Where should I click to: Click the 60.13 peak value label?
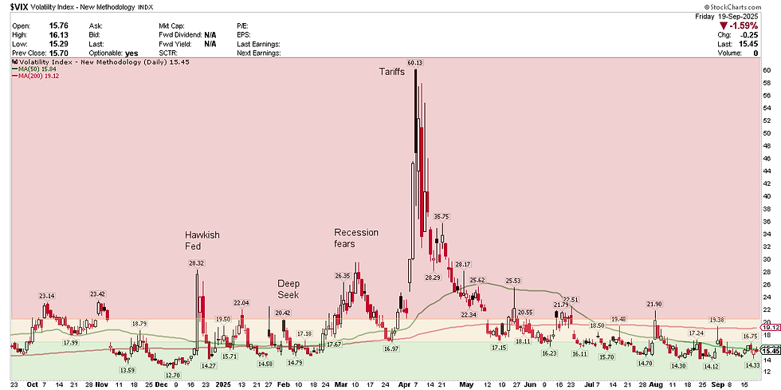(414, 62)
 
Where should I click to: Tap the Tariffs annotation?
(391, 72)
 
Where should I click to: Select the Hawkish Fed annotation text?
(202, 241)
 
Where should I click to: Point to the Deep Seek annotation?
(288, 289)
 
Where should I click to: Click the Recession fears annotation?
(355, 238)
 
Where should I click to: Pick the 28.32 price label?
(197, 262)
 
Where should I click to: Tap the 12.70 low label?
(173, 374)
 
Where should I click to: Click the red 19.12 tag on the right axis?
(770, 327)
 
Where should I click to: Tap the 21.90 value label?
(654, 304)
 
